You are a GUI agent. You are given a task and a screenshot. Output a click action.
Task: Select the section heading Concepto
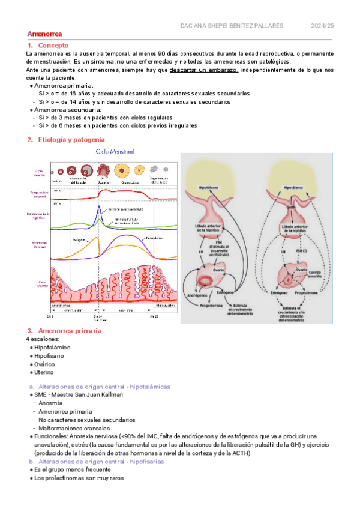click(x=53, y=46)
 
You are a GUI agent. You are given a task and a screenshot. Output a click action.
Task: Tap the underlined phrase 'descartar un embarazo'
click(x=204, y=70)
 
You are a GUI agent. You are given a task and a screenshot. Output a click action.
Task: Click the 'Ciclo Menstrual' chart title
click(x=115, y=152)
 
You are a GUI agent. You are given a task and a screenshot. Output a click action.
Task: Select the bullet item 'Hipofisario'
click(x=49, y=356)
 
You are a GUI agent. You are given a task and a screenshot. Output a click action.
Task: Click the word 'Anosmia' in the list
click(x=50, y=403)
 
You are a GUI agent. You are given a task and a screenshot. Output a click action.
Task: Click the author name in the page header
click(x=232, y=26)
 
